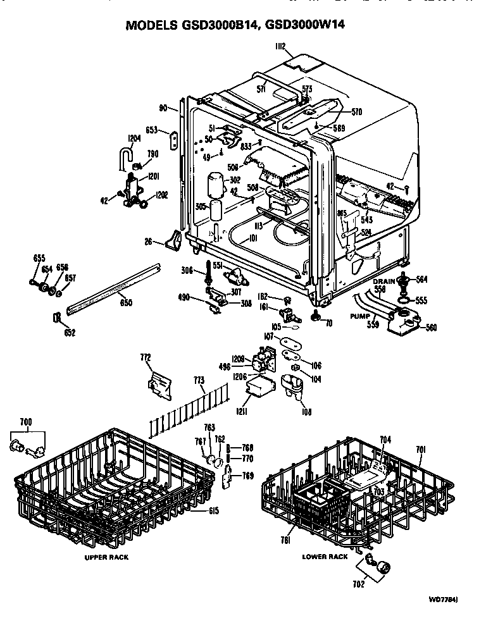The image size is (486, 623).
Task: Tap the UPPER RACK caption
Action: point(106,557)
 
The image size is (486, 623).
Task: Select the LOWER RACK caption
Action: point(325,557)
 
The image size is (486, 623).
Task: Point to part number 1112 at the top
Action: point(280,46)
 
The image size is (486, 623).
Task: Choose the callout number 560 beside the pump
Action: point(430,328)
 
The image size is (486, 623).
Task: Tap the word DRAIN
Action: point(383,280)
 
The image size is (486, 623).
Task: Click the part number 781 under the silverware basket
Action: point(285,541)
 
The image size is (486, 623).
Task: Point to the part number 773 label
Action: point(200,380)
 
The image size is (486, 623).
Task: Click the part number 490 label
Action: point(184,297)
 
